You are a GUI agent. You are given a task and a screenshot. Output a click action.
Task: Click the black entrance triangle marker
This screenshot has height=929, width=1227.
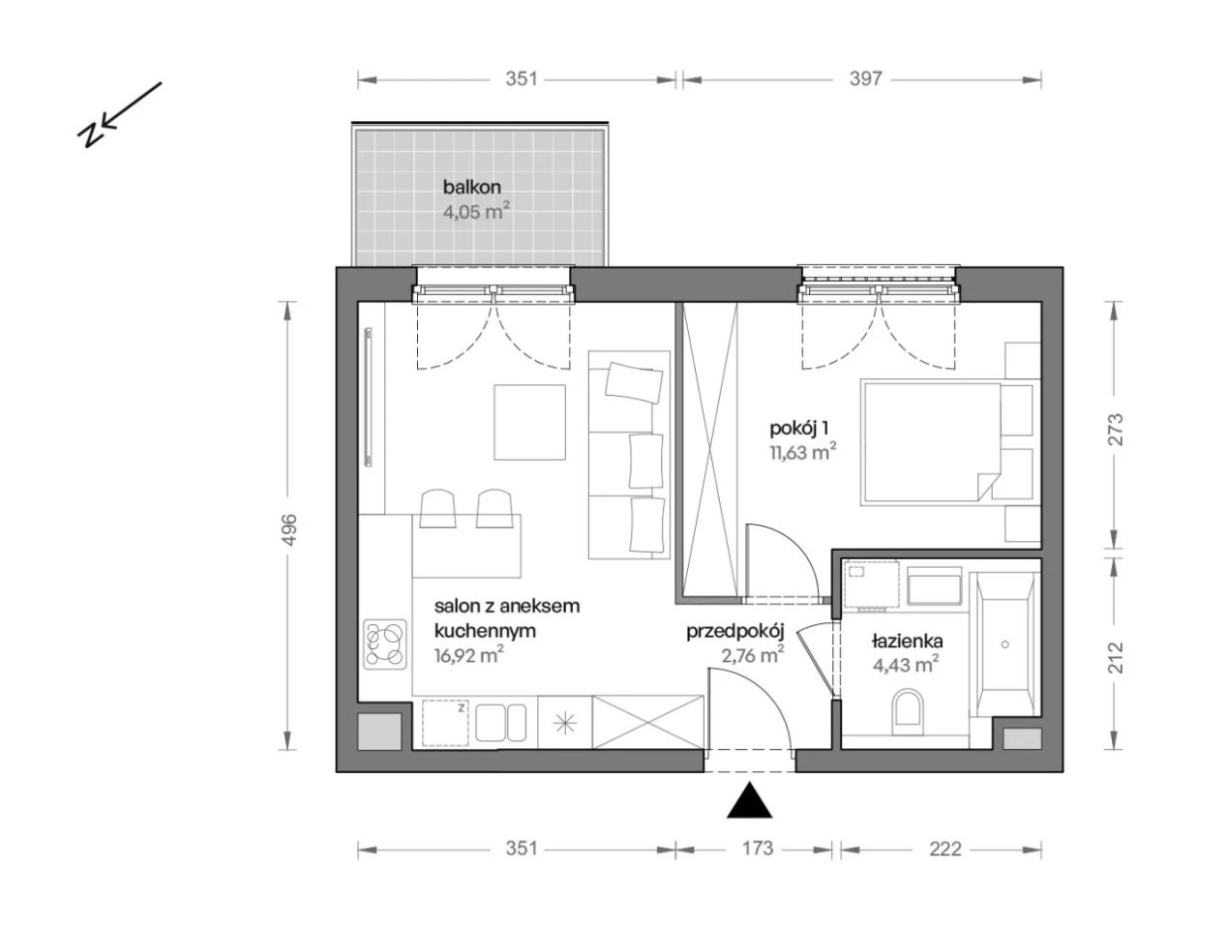[749, 801]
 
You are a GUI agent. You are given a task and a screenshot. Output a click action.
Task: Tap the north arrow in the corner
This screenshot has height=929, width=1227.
[118, 114]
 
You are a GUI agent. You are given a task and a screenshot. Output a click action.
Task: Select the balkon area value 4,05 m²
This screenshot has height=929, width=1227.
[476, 211]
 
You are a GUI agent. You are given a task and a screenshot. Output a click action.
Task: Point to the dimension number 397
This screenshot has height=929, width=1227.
[865, 79]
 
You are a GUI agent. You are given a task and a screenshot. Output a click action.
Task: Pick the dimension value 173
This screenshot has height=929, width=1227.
[758, 848]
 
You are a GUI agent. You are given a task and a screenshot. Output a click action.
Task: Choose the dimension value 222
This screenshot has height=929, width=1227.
[945, 849]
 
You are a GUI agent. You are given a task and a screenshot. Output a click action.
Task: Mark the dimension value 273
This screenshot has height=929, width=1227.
[1115, 429]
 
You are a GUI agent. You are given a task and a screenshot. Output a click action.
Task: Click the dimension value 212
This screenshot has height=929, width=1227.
[1115, 658]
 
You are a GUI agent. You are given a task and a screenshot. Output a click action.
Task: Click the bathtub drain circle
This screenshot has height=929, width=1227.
[1005, 644]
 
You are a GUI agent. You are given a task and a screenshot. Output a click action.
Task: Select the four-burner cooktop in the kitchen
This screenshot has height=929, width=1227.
[384, 644]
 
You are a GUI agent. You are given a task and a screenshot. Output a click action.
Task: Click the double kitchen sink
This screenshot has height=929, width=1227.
[500, 722]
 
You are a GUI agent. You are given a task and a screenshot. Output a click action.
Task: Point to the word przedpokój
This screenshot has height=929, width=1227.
[735, 632]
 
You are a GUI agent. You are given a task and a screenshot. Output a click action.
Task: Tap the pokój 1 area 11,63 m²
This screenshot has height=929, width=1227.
[803, 452]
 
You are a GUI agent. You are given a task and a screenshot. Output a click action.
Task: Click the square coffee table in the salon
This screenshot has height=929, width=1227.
[528, 422]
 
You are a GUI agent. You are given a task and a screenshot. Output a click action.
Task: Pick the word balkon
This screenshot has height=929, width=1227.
[472, 187]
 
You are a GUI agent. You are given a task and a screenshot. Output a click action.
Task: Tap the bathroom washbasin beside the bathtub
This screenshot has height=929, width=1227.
[934, 585]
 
